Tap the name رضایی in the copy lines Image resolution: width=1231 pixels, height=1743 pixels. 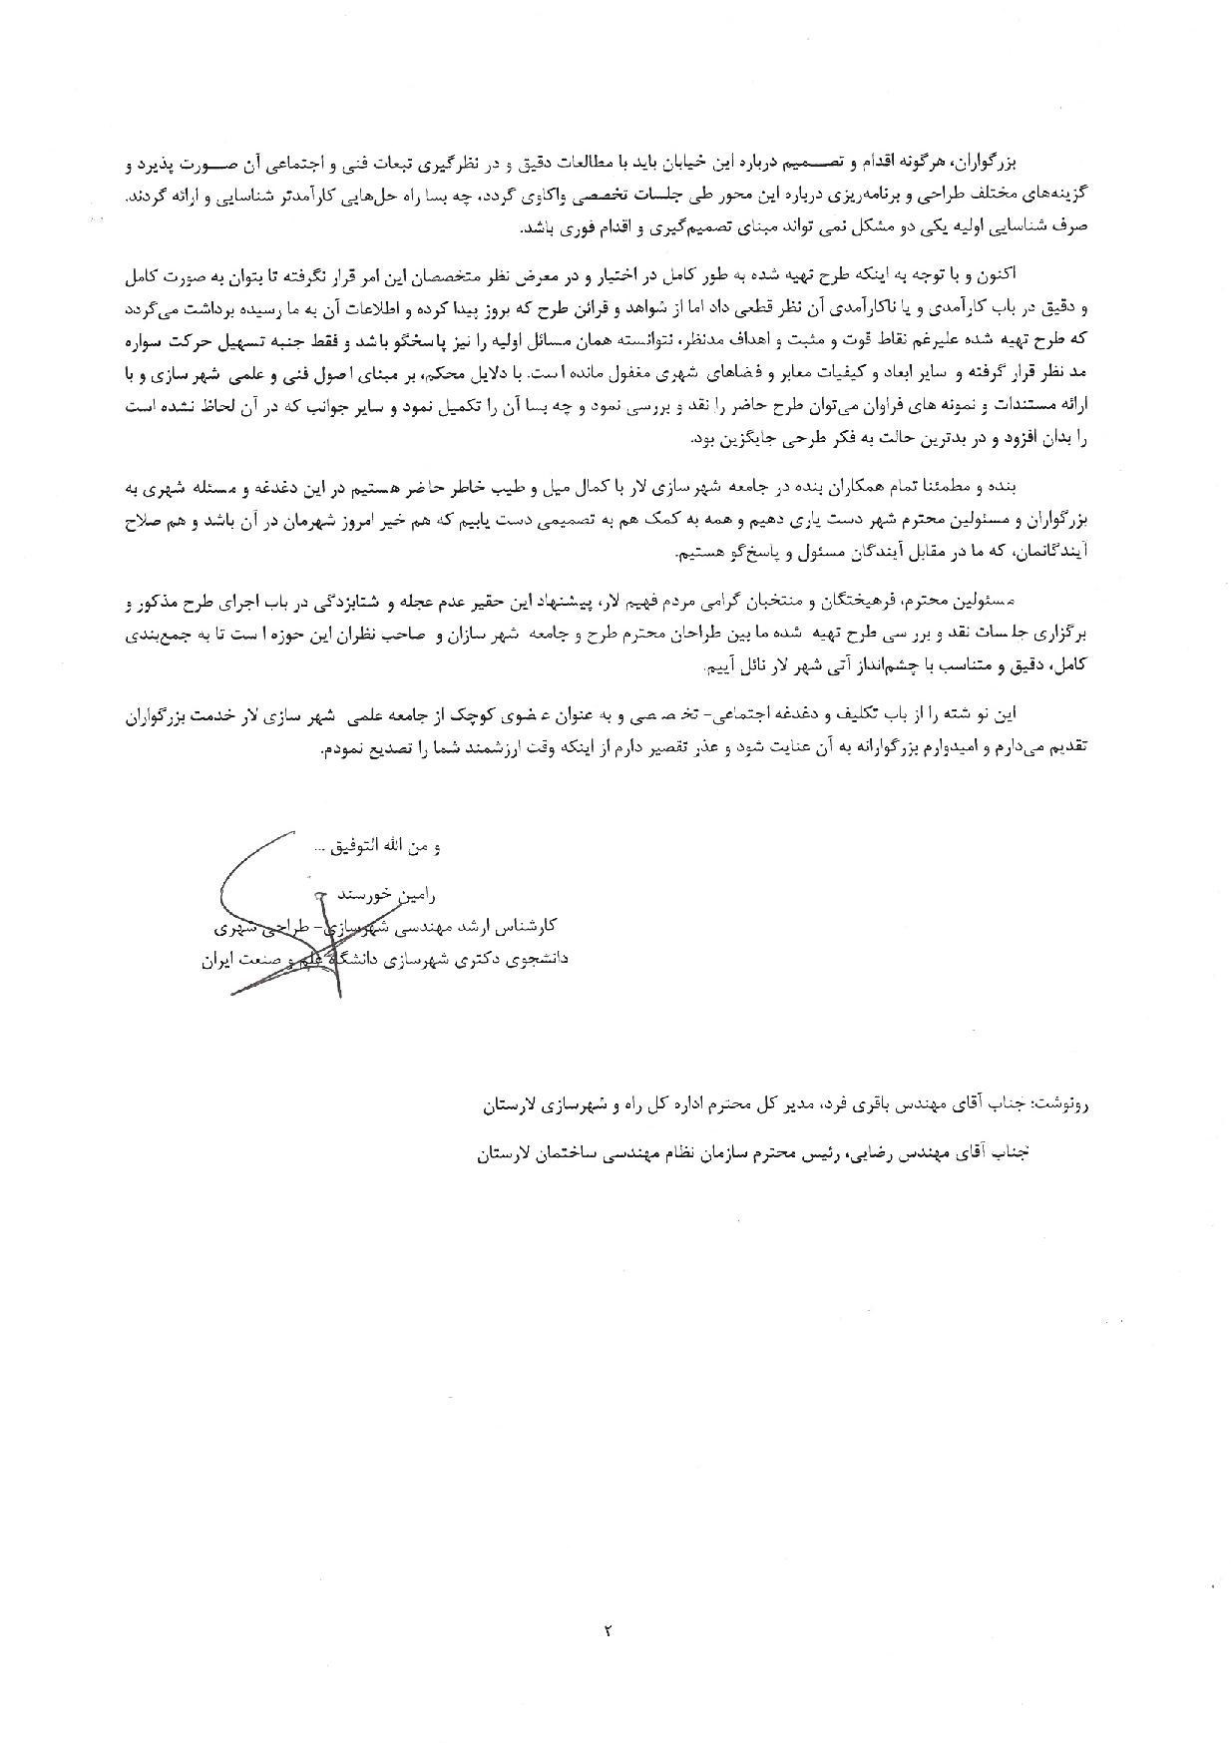click(878, 1151)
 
